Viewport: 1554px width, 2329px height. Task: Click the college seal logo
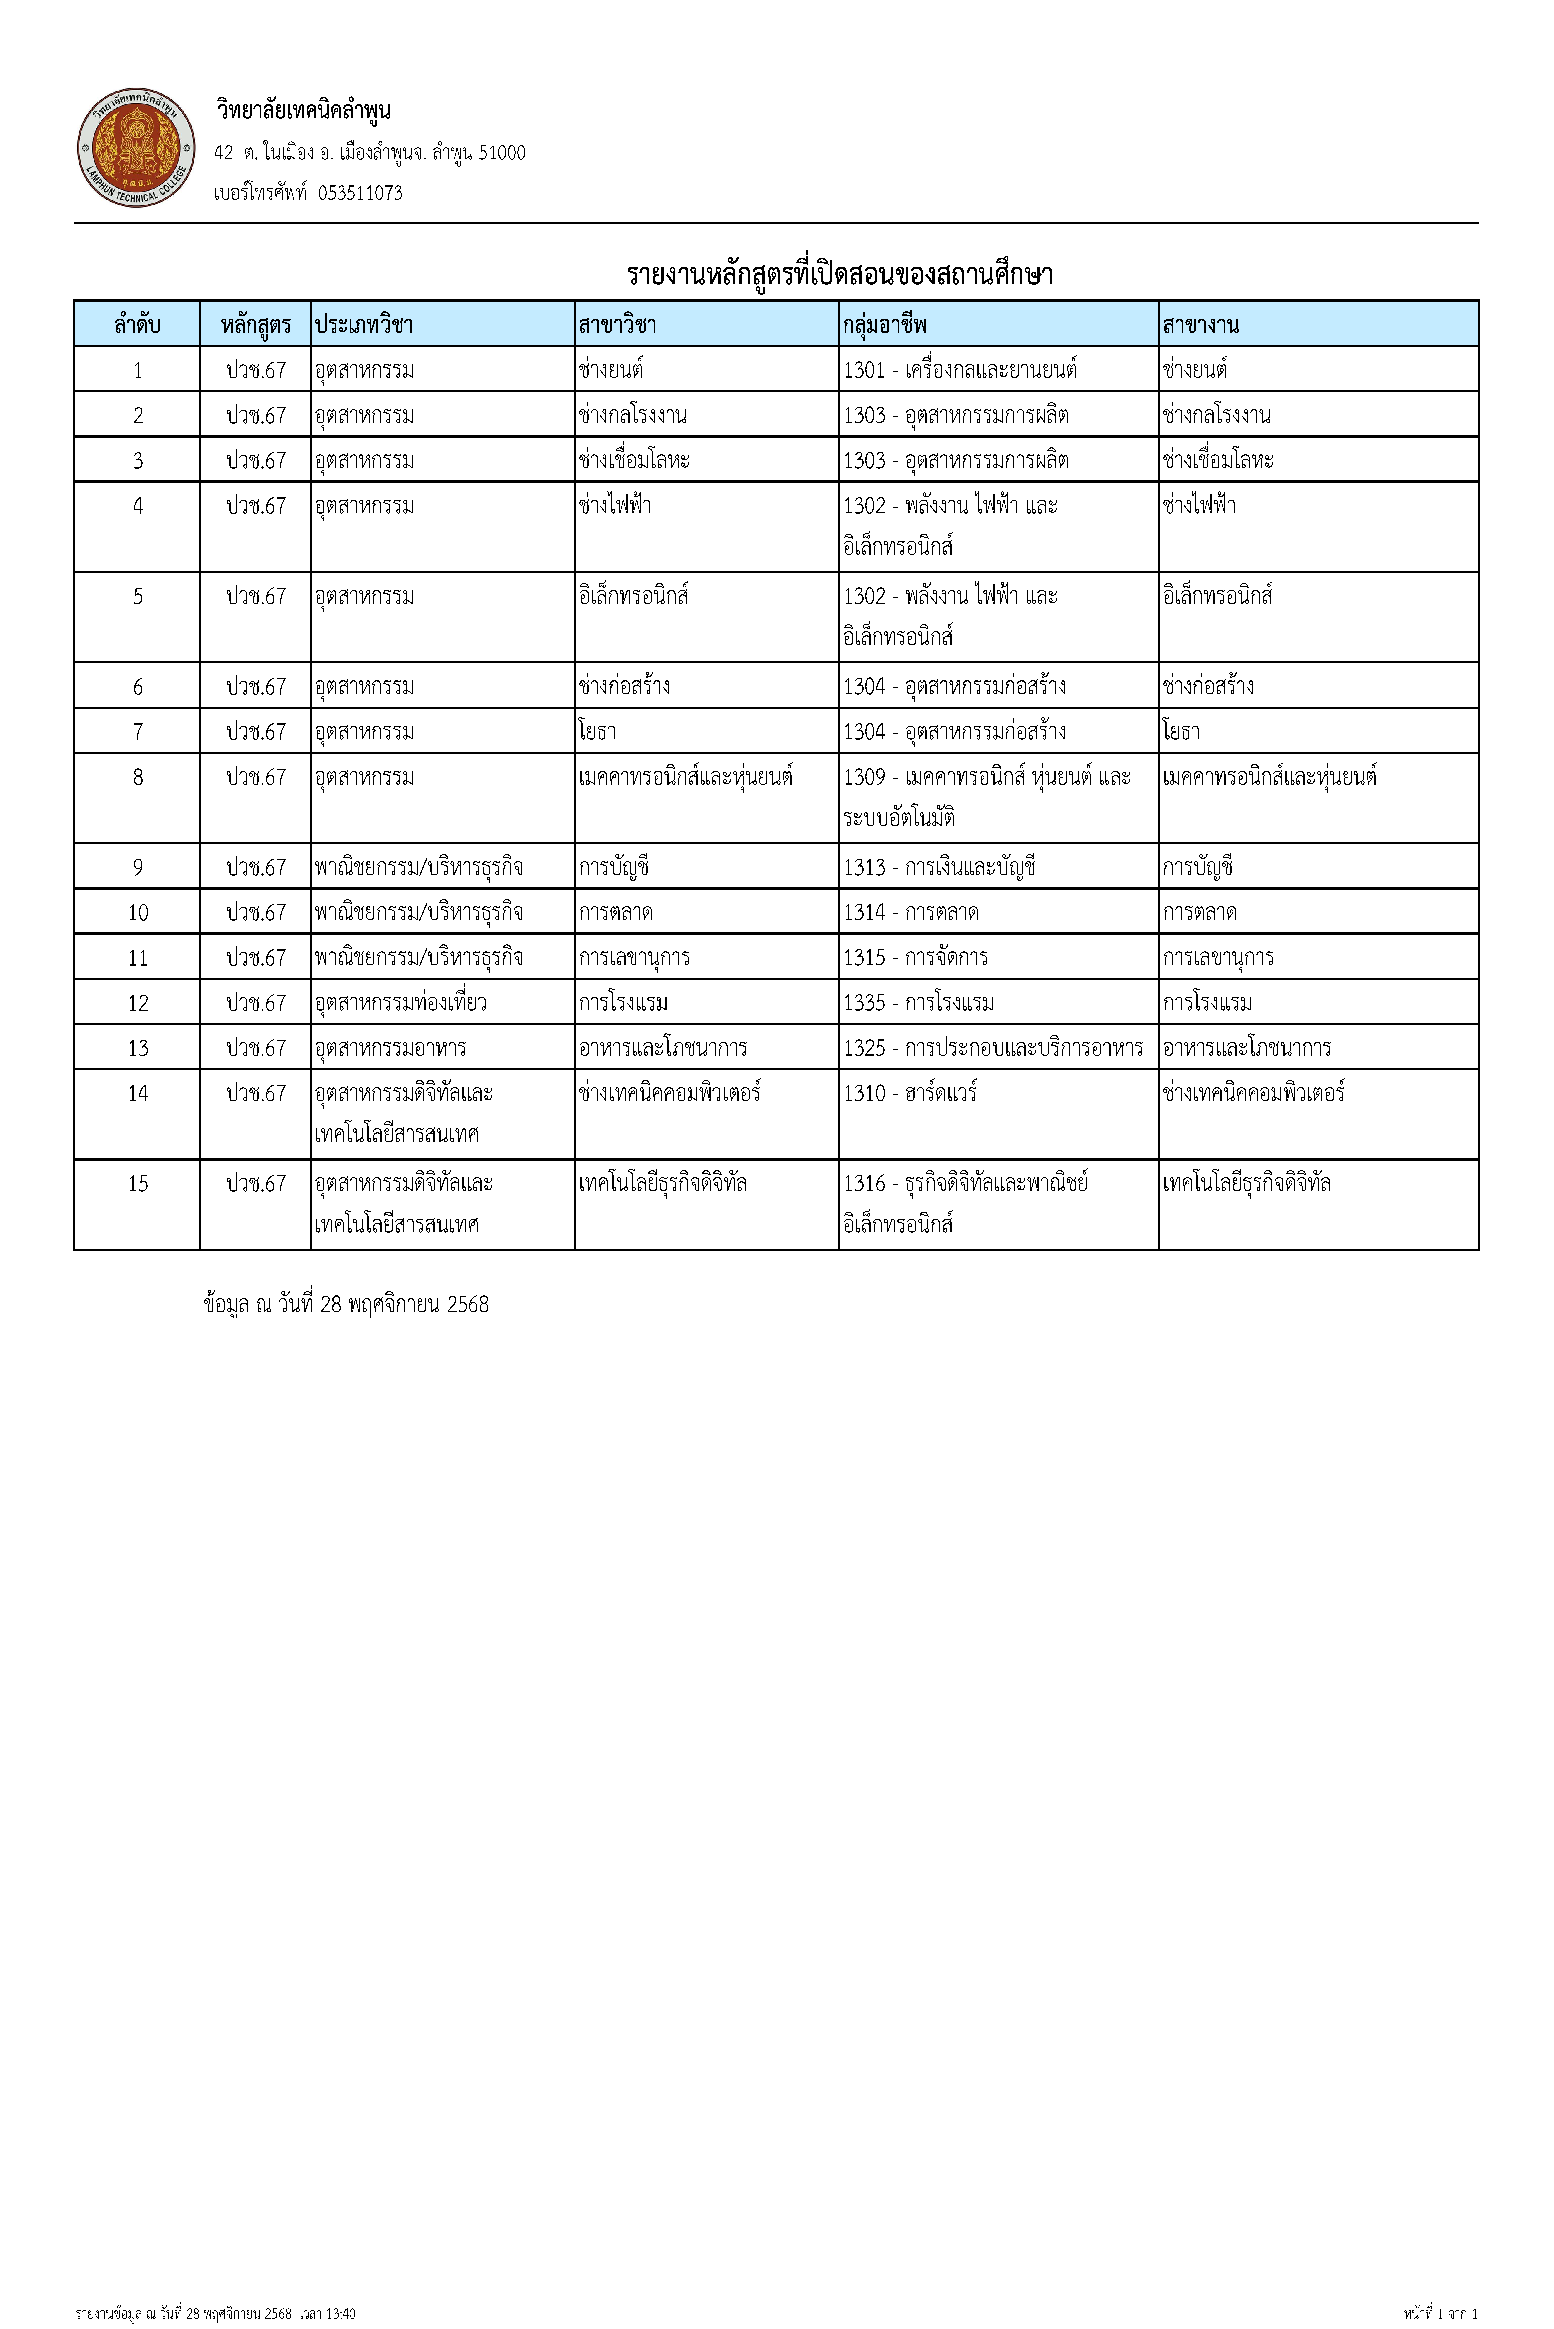[x=136, y=149]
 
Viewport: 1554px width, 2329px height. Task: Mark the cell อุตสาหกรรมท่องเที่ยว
[x=400, y=1002]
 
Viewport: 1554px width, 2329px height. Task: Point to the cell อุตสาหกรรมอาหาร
[x=391, y=1048]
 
